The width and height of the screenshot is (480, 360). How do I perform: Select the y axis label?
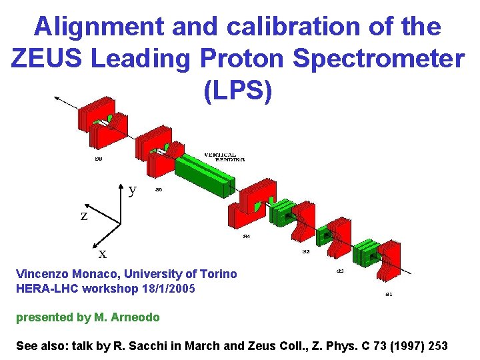pos(133,189)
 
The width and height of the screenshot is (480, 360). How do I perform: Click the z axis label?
pos(84,216)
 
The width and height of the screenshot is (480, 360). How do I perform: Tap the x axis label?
pos(103,254)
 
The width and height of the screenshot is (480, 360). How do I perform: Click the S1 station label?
pos(389,294)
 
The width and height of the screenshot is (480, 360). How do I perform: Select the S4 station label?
pos(246,236)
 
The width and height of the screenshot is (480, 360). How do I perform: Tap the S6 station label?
pos(159,189)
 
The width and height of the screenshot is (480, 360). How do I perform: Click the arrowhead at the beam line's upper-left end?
pos(57,99)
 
